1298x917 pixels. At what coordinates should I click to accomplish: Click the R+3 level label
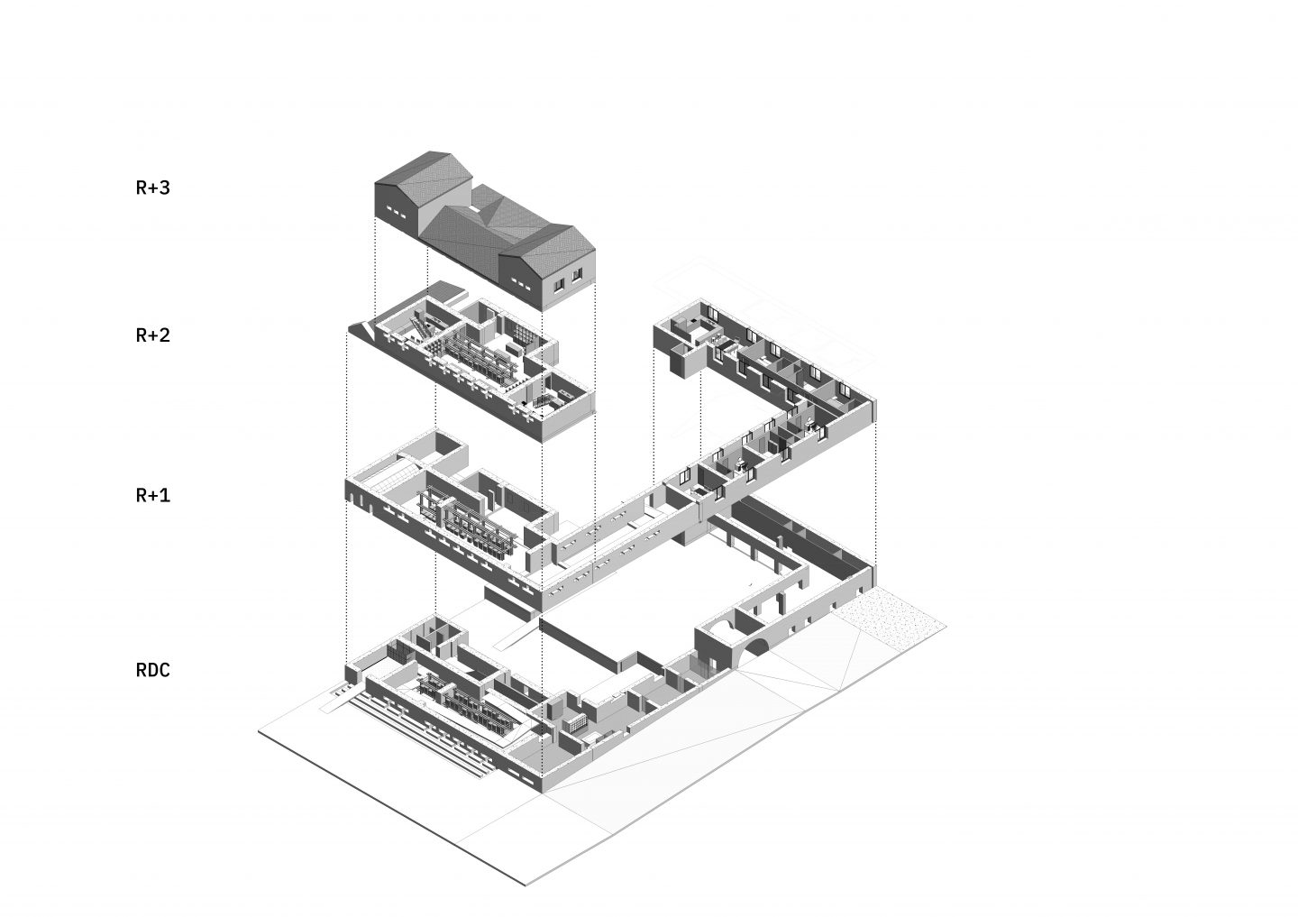pos(153,188)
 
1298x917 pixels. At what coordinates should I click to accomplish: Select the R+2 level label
pos(153,335)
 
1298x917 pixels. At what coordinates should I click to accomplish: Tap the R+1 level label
pos(153,495)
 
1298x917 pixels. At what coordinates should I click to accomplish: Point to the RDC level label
pos(153,670)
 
